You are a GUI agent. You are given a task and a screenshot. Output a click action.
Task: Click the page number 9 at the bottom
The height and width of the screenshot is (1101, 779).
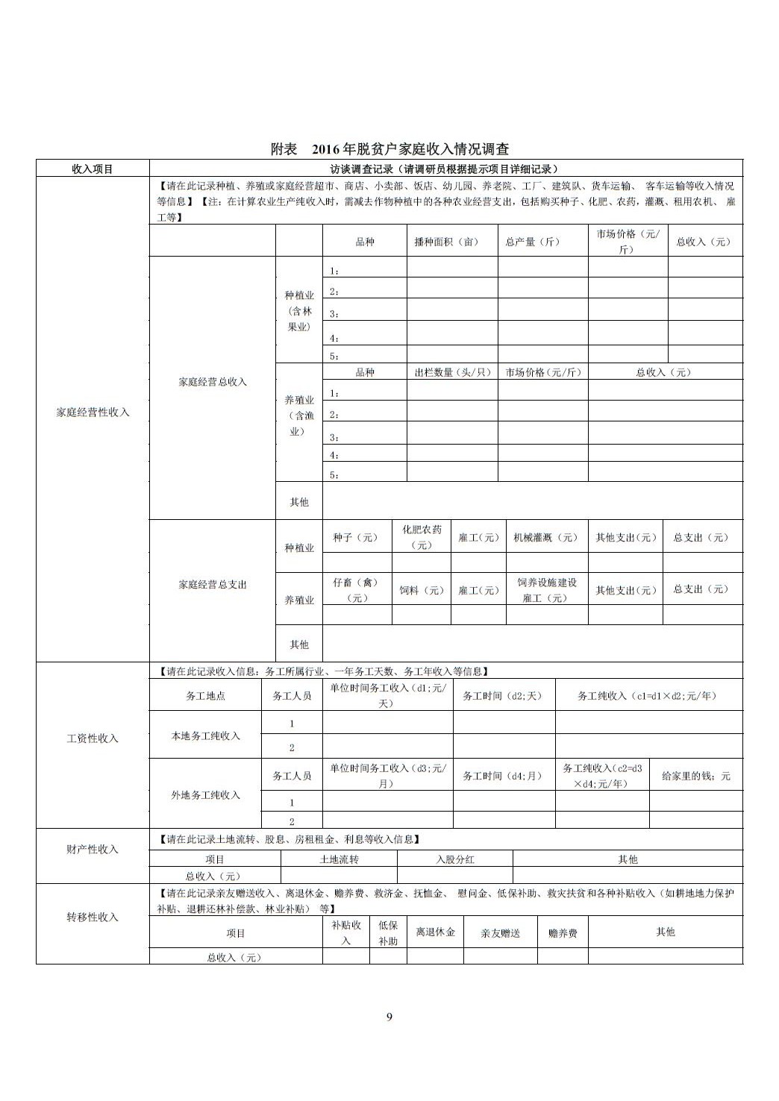click(389, 1017)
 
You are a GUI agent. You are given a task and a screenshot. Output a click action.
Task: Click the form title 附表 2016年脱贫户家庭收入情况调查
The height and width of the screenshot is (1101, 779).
click(389, 149)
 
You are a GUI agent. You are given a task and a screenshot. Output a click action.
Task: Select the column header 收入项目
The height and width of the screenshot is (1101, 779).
click(93, 169)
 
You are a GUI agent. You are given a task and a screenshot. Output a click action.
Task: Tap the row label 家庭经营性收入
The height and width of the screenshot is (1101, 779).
click(93, 413)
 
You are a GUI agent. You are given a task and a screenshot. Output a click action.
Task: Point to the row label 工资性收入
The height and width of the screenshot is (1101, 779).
click(93, 738)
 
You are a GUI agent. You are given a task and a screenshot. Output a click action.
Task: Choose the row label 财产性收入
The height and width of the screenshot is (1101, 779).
click(93, 850)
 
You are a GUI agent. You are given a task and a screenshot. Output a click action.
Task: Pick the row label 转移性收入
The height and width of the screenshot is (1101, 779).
click(93, 917)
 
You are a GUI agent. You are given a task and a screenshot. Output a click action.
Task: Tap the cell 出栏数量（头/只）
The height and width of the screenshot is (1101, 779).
click(451, 372)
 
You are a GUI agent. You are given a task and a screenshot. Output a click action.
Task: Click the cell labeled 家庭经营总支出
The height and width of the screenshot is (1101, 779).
click(212, 585)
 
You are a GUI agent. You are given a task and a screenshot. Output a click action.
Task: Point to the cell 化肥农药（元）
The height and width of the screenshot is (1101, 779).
click(422, 537)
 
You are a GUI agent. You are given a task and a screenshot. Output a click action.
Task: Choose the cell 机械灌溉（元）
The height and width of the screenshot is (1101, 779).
click(546, 538)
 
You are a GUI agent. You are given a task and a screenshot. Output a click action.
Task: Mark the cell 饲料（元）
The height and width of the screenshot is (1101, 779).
click(421, 591)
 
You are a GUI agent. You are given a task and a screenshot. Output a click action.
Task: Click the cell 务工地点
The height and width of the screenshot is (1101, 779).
click(205, 696)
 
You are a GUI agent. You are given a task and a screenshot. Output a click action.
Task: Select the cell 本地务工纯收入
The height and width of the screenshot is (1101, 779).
click(205, 736)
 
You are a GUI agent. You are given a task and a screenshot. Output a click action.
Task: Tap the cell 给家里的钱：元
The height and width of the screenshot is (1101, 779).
click(695, 777)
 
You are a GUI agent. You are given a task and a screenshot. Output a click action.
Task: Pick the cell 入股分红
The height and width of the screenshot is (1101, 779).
click(455, 859)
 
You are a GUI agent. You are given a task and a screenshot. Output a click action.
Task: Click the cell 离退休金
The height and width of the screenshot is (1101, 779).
click(435, 932)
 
